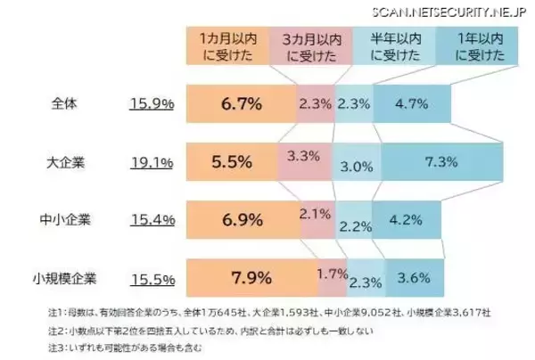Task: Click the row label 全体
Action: (x=67, y=103)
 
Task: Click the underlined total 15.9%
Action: (x=151, y=103)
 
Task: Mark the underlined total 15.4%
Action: (x=151, y=220)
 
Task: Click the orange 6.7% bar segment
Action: (x=241, y=103)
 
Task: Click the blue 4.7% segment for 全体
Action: (x=413, y=103)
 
